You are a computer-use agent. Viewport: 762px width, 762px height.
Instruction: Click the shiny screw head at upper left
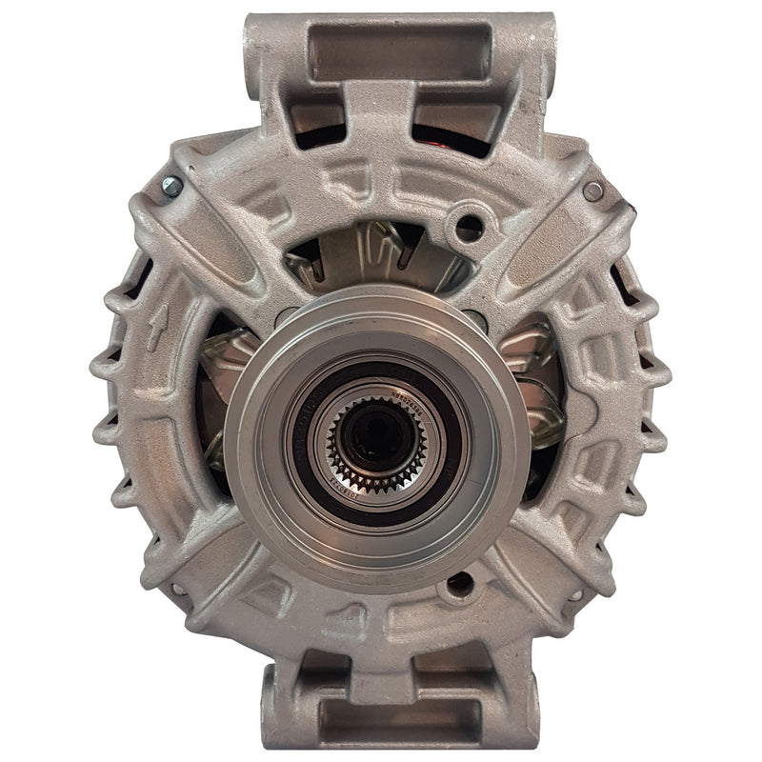(x=172, y=187)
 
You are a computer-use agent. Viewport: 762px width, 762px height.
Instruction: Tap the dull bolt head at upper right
(x=592, y=191)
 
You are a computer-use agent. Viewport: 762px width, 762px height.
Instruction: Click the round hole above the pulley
(x=469, y=227)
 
